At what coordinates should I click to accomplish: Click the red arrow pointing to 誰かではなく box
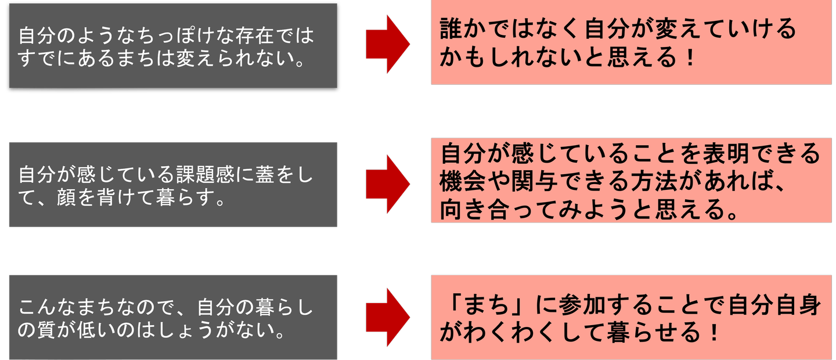387,44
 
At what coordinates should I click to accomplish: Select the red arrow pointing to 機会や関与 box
387,183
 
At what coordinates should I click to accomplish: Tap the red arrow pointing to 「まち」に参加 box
387,316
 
